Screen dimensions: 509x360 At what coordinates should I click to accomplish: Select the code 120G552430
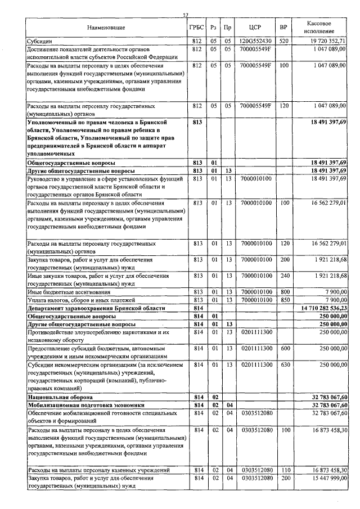click(255, 41)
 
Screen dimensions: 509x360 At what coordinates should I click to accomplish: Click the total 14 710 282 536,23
click(322, 309)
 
